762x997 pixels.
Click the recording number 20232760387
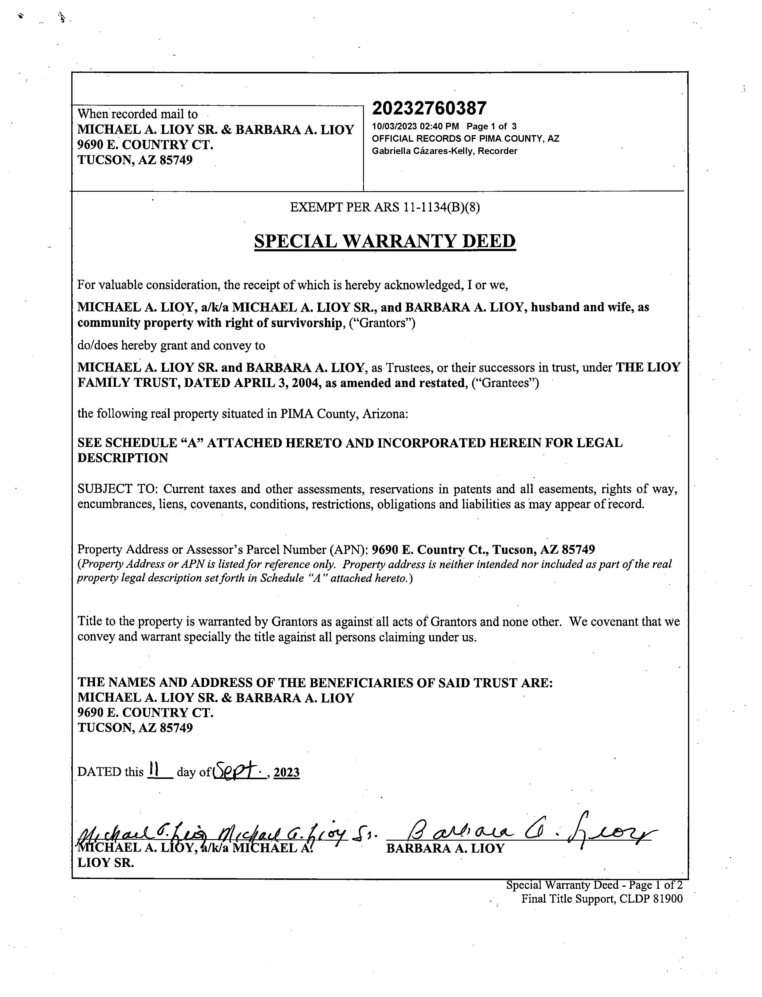click(x=429, y=108)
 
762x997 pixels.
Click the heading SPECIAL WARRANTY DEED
click(x=385, y=241)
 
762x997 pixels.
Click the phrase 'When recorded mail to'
click(x=137, y=114)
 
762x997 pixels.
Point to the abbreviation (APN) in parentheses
click(x=352, y=550)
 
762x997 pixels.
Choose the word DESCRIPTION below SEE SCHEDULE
click(x=123, y=458)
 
